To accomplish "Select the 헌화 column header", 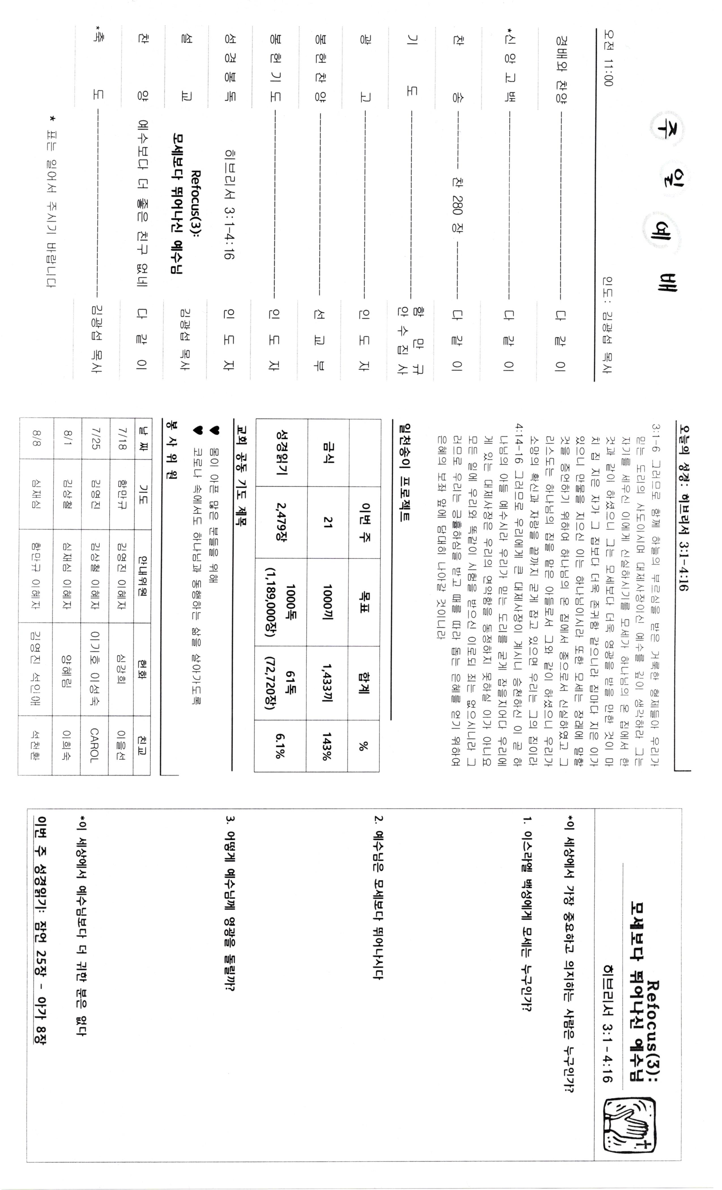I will click(x=143, y=669).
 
